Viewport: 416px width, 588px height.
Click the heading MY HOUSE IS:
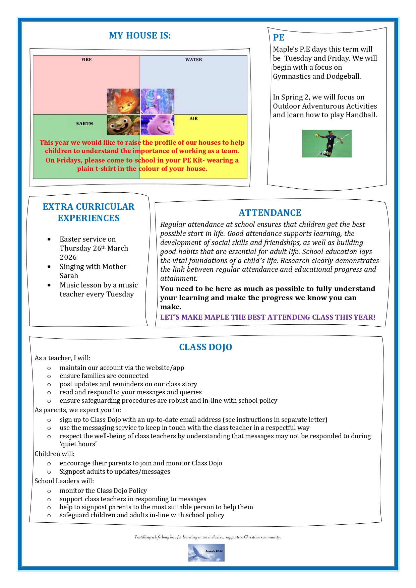click(x=140, y=36)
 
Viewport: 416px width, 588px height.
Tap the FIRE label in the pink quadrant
click(x=86, y=60)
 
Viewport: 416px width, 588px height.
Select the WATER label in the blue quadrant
click(x=194, y=60)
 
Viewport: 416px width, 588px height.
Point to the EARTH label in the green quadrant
click(x=84, y=124)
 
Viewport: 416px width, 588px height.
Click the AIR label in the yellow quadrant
click(x=194, y=119)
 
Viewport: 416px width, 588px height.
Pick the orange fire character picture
click(x=123, y=102)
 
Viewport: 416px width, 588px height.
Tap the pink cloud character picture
click(x=158, y=125)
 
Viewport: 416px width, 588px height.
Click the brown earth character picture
click(x=123, y=125)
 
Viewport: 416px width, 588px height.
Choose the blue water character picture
click(x=158, y=102)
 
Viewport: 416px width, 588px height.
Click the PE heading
click(x=279, y=38)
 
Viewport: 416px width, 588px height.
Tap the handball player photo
click(x=326, y=143)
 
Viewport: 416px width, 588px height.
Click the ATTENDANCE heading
click(x=270, y=213)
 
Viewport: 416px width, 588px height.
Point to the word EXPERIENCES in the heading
click(x=88, y=218)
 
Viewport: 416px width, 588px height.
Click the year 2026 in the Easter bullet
click(x=68, y=257)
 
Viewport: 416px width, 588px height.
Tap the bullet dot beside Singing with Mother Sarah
click(x=49, y=267)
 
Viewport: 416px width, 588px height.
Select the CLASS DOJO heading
click(x=205, y=347)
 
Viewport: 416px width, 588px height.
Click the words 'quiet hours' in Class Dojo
click(x=78, y=444)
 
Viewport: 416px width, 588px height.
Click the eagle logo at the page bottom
click(x=206, y=552)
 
